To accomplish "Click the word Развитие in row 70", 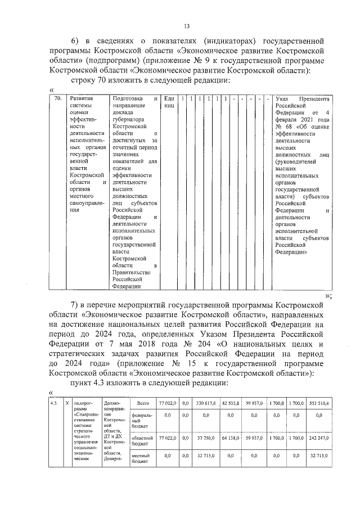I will (82, 98).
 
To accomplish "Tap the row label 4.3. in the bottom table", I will (55, 404).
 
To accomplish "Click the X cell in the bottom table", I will (67, 404).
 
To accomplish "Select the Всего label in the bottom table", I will (142, 404).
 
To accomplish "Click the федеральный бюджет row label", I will (140, 419).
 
